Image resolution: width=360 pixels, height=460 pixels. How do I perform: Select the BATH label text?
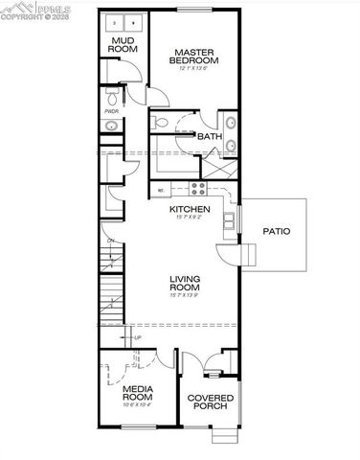click(210, 137)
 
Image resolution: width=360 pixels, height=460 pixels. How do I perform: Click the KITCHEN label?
click(190, 209)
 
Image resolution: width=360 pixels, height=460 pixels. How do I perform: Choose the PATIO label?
click(277, 232)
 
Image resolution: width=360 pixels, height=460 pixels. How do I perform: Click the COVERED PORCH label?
click(207, 402)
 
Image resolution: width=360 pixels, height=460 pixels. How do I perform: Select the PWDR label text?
click(112, 110)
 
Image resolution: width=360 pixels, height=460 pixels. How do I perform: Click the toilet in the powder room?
click(113, 99)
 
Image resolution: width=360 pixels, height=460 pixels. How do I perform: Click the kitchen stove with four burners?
click(197, 188)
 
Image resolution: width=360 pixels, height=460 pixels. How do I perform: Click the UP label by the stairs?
click(137, 337)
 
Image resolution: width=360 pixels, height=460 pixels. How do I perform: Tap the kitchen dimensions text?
click(190, 218)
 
